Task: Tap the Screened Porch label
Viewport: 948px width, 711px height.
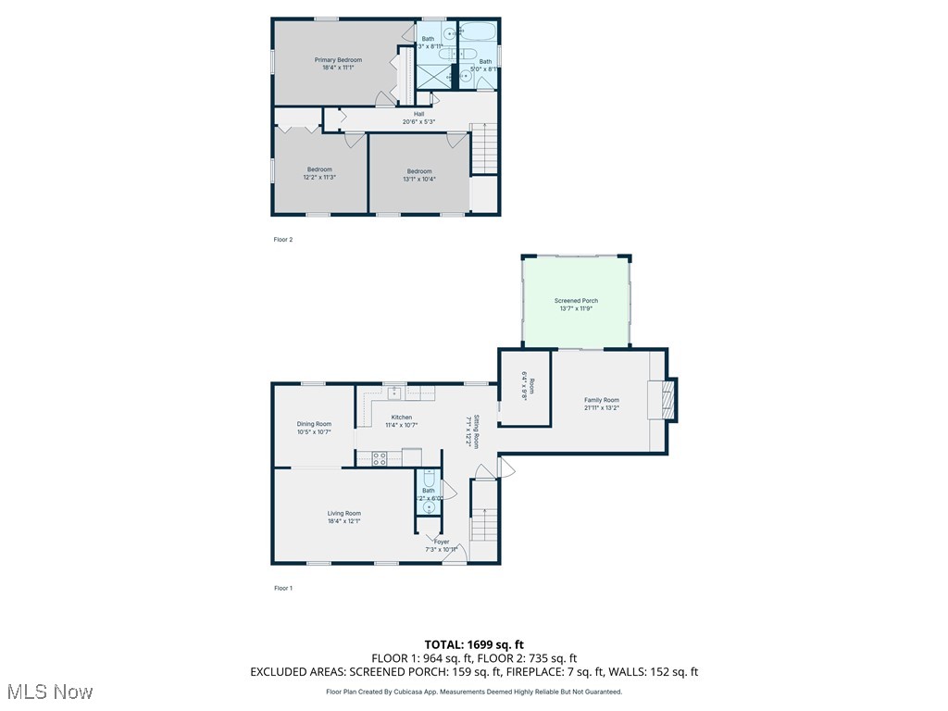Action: tap(576, 301)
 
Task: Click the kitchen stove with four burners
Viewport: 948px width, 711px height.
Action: tap(379, 456)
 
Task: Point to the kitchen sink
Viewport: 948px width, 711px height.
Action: tap(394, 392)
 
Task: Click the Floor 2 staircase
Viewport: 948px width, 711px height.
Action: tap(483, 148)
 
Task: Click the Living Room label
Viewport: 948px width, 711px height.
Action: tap(343, 513)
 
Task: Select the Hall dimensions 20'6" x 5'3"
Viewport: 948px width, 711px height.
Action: tap(418, 121)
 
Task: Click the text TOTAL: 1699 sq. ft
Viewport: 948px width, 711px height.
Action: tap(474, 644)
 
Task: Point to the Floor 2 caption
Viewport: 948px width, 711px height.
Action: tap(282, 240)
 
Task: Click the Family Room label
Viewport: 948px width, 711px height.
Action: tap(601, 400)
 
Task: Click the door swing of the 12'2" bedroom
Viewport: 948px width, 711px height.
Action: tap(355, 141)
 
